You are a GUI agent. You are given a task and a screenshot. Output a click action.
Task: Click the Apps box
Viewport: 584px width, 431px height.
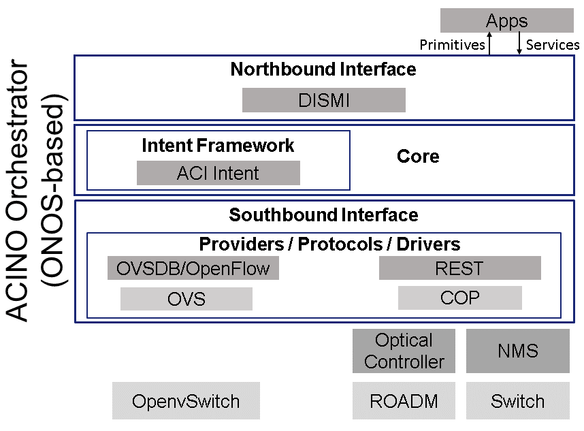click(507, 20)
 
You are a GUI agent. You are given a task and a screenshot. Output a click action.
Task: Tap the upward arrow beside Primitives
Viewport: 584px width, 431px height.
click(489, 44)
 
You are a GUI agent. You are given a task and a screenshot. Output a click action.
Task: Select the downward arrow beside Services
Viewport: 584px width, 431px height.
click(519, 43)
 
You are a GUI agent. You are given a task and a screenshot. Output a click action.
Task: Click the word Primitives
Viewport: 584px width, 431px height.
click(452, 45)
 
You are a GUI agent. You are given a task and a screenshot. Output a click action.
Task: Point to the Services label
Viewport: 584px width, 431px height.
click(553, 45)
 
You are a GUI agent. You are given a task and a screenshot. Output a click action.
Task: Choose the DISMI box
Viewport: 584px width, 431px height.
click(324, 100)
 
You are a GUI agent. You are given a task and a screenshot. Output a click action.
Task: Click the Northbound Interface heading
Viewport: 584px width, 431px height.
click(323, 69)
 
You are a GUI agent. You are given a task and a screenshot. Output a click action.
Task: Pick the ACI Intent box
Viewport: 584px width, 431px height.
click(218, 173)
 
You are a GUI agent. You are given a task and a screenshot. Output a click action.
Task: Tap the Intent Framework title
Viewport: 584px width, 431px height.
click(218, 145)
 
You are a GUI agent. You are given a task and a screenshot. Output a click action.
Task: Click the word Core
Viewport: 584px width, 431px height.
click(418, 156)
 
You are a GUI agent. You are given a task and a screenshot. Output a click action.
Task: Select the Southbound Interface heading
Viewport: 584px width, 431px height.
click(323, 215)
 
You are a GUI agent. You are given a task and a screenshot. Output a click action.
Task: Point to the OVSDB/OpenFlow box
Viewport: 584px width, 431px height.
click(193, 268)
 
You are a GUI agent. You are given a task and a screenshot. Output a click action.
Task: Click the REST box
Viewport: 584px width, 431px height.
click(460, 268)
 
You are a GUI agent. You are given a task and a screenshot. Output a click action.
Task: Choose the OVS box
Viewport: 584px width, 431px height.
click(186, 299)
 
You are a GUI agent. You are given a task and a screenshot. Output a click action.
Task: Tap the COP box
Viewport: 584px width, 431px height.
click(460, 298)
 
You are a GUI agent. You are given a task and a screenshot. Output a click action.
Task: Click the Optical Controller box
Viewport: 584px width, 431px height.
click(404, 351)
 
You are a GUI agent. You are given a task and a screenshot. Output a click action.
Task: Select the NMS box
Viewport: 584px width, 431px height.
click(518, 351)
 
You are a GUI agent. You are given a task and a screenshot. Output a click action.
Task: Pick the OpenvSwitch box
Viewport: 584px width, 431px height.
click(186, 401)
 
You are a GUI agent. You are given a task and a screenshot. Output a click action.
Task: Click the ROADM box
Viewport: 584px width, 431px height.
click(404, 401)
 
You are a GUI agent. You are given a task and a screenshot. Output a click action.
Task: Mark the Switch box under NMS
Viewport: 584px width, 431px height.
click(518, 401)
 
